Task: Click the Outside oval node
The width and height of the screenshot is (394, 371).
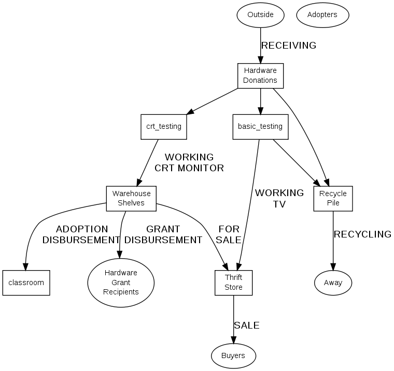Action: point(260,14)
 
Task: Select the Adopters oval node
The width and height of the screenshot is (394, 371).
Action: point(322,14)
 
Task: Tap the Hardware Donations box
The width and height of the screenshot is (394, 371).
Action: point(260,76)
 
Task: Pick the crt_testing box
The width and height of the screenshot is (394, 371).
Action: point(164,126)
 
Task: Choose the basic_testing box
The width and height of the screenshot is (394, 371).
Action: point(260,126)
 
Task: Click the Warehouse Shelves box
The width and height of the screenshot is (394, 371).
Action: point(131,198)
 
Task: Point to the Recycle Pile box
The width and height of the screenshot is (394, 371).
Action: point(333,198)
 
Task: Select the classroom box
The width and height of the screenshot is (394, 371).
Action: point(26,283)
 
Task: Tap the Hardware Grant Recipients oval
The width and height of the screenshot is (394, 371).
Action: point(121,282)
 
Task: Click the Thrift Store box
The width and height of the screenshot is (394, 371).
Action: point(233,283)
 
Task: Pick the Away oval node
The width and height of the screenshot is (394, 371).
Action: point(333,283)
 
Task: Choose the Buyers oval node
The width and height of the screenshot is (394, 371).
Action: point(233,355)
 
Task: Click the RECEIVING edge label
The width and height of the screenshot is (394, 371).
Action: point(289,46)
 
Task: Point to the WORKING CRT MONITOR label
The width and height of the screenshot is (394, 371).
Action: point(189,162)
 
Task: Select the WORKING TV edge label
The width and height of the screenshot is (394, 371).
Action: point(279,198)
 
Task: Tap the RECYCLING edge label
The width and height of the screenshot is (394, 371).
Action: point(362,234)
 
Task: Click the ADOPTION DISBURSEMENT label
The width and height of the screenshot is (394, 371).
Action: point(81,234)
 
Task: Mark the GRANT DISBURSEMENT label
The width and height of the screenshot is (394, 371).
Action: point(163,234)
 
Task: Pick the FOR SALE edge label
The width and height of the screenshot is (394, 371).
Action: point(229,234)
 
